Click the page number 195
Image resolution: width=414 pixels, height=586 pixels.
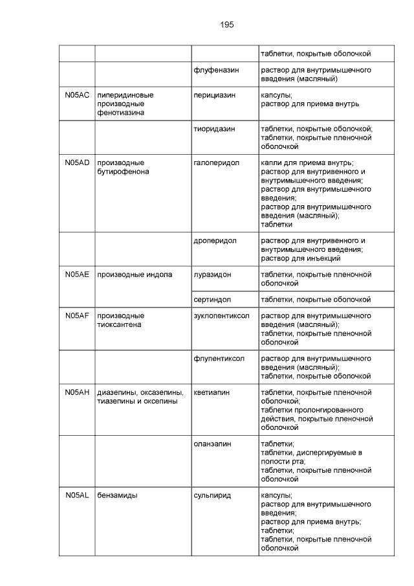(226, 25)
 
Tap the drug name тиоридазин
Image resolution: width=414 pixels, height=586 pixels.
(214, 129)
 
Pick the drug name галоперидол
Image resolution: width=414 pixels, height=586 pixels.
(216, 163)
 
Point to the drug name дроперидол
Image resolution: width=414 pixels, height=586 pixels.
(215, 240)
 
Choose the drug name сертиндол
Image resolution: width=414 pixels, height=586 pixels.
(212, 299)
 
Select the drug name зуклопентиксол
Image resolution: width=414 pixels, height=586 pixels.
(221, 316)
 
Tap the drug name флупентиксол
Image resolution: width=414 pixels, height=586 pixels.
(219, 358)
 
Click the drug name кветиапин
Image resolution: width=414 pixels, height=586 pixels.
(212, 392)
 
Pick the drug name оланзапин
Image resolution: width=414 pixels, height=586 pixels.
(212, 444)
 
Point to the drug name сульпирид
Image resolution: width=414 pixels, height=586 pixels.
(212, 495)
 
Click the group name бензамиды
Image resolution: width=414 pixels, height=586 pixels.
(117, 495)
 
